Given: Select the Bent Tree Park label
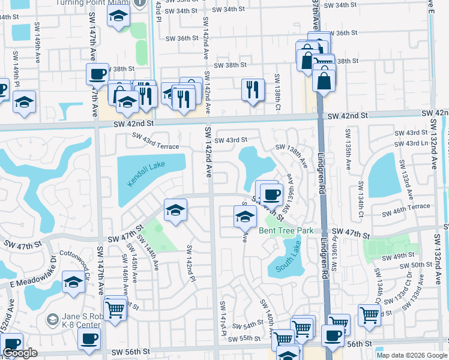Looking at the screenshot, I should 286,230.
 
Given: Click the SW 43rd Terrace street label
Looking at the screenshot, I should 156,145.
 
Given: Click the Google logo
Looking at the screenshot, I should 20,353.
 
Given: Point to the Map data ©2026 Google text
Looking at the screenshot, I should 412,355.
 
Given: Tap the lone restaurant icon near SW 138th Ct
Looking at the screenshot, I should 253,89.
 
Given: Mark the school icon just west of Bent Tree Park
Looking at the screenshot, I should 244,217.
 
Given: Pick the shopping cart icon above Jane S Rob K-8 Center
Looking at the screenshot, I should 115,308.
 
